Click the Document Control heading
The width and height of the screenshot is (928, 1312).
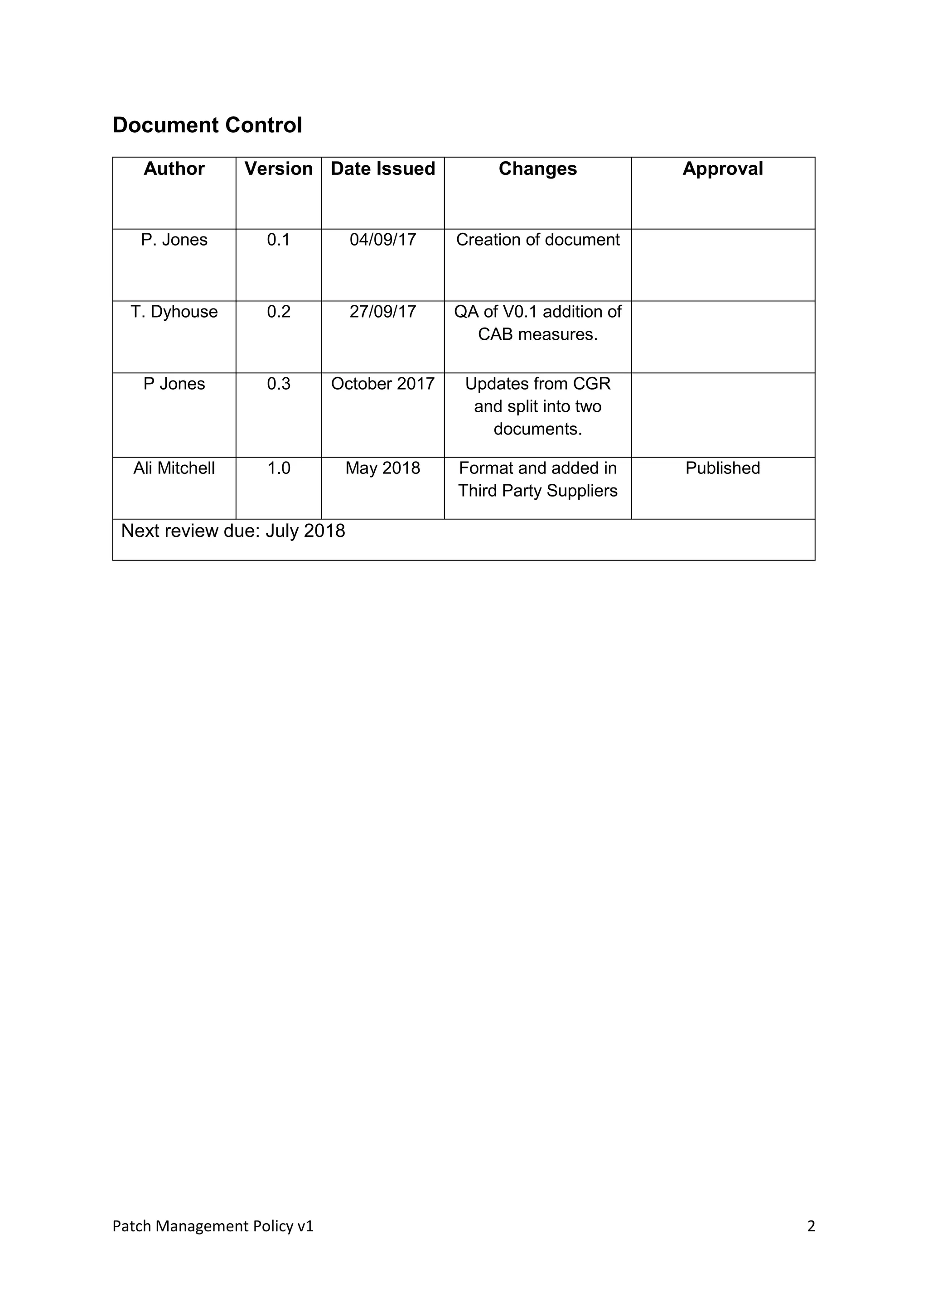207,125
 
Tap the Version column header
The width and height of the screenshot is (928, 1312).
278,169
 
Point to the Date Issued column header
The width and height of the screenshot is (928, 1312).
383,169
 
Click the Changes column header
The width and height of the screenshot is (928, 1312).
538,169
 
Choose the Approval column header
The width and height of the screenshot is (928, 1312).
722,169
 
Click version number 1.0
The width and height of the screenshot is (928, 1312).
278,468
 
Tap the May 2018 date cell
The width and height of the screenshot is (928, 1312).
383,468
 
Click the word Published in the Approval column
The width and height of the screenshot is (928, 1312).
722,468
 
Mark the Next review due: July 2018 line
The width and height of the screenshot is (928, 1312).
233,531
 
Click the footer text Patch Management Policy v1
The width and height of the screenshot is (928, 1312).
213,1226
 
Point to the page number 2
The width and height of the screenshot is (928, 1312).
811,1226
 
